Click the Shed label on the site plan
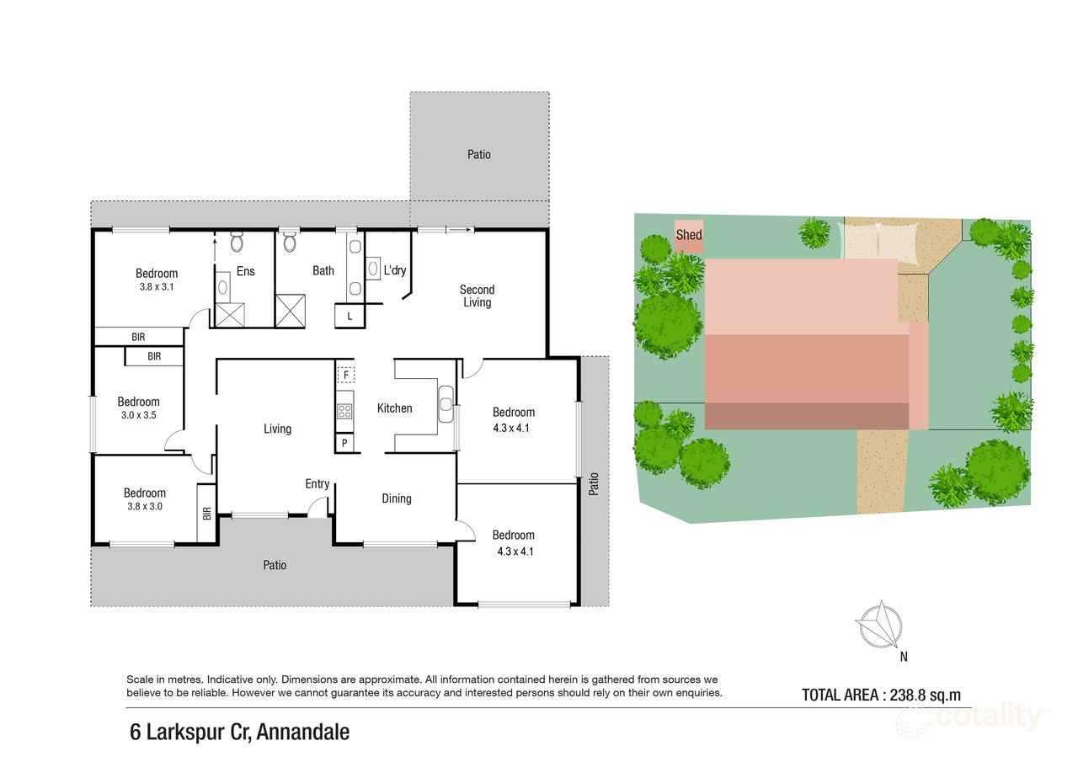pos(689,235)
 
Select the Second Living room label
pos(477,296)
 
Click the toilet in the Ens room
pos(237,243)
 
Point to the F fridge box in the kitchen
pos(344,375)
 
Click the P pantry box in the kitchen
pos(344,443)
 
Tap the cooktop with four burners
pos(344,411)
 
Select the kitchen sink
pos(446,402)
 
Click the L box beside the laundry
pos(349,316)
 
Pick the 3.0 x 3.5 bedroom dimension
pos(138,415)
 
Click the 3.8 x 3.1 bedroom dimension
pos(157,286)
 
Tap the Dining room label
pos(397,498)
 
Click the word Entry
pos(318,484)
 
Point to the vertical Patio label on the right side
pos(594,482)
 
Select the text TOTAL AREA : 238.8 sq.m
pos(881,695)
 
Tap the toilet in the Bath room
pos(291,243)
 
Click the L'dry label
pos(395,271)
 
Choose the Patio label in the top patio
pos(478,155)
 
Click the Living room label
pos(277,429)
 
